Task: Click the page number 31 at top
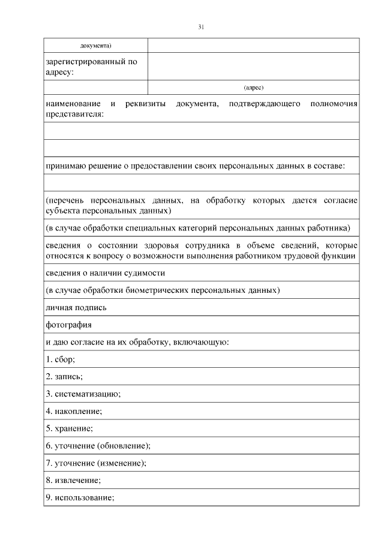click(x=201, y=27)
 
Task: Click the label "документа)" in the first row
click(x=96, y=46)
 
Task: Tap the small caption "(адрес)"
click(x=253, y=88)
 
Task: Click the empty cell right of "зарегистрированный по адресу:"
click(x=253, y=66)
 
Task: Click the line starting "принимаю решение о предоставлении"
click(x=195, y=166)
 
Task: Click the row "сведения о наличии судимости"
click(x=105, y=273)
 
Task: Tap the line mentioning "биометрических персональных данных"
click(x=162, y=290)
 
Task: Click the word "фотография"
click(x=68, y=325)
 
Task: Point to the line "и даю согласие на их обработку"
click(x=136, y=342)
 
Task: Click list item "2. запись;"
click(x=64, y=377)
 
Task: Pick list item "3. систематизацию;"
click(x=83, y=394)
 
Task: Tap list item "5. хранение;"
click(x=70, y=429)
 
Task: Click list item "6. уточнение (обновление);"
click(x=98, y=446)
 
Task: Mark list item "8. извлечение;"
click(x=73, y=481)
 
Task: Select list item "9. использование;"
click(x=80, y=498)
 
